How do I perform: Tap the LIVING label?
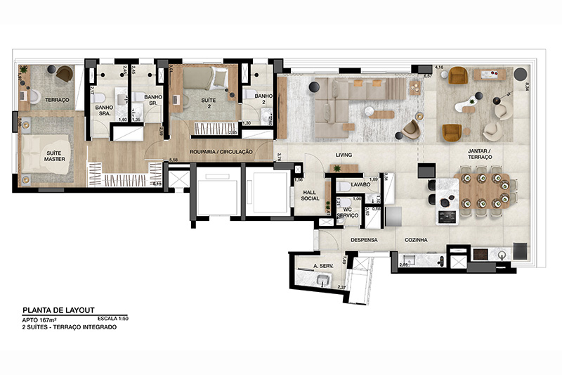(343, 155)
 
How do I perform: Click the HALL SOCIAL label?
(311, 194)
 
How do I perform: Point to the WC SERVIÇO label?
(346, 213)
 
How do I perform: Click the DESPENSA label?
(365, 240)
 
